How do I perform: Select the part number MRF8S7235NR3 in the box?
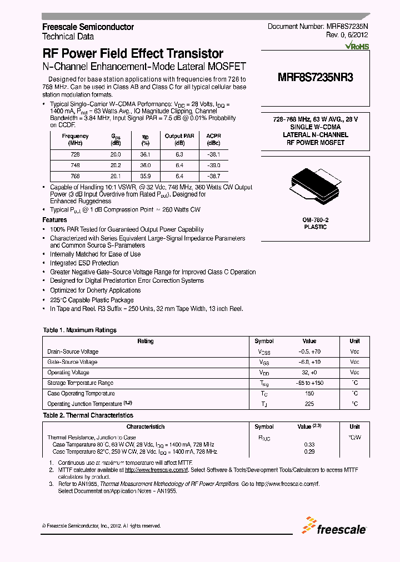[x=315, y=78]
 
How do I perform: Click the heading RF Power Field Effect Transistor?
[x=133, y=54]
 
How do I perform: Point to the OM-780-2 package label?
[x=315, y=220]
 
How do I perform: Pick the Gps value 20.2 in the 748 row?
[x=116, y=165]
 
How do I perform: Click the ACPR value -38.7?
[x=213, y=175]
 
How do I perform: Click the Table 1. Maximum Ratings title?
[x=79, y=330]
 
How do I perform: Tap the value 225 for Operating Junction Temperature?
[x=309, y=404]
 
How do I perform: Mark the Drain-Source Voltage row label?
[x=73, y=352]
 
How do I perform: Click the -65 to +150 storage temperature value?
[x=309, y=383]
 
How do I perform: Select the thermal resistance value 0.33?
[x=309, y=444]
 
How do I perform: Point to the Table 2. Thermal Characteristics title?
[x=88, y=415]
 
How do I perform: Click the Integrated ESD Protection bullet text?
[x=84, y=263]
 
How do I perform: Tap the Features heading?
[x=54, y=220]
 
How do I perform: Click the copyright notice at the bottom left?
[x=102, y=525]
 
